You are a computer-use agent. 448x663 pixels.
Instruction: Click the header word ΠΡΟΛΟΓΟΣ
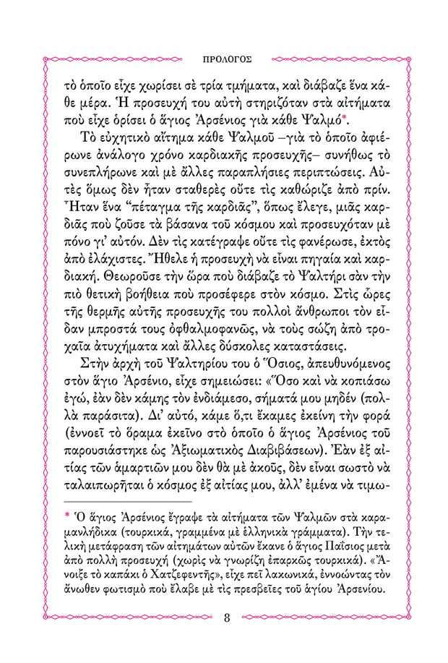coord(224,54)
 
